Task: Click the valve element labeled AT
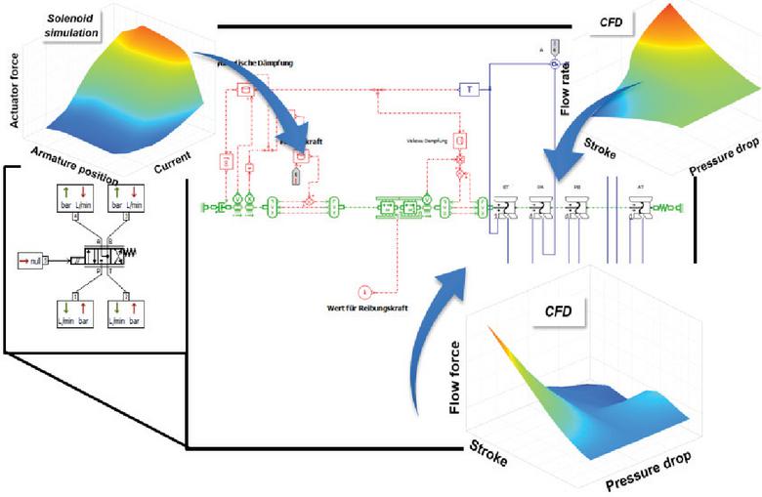639,206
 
